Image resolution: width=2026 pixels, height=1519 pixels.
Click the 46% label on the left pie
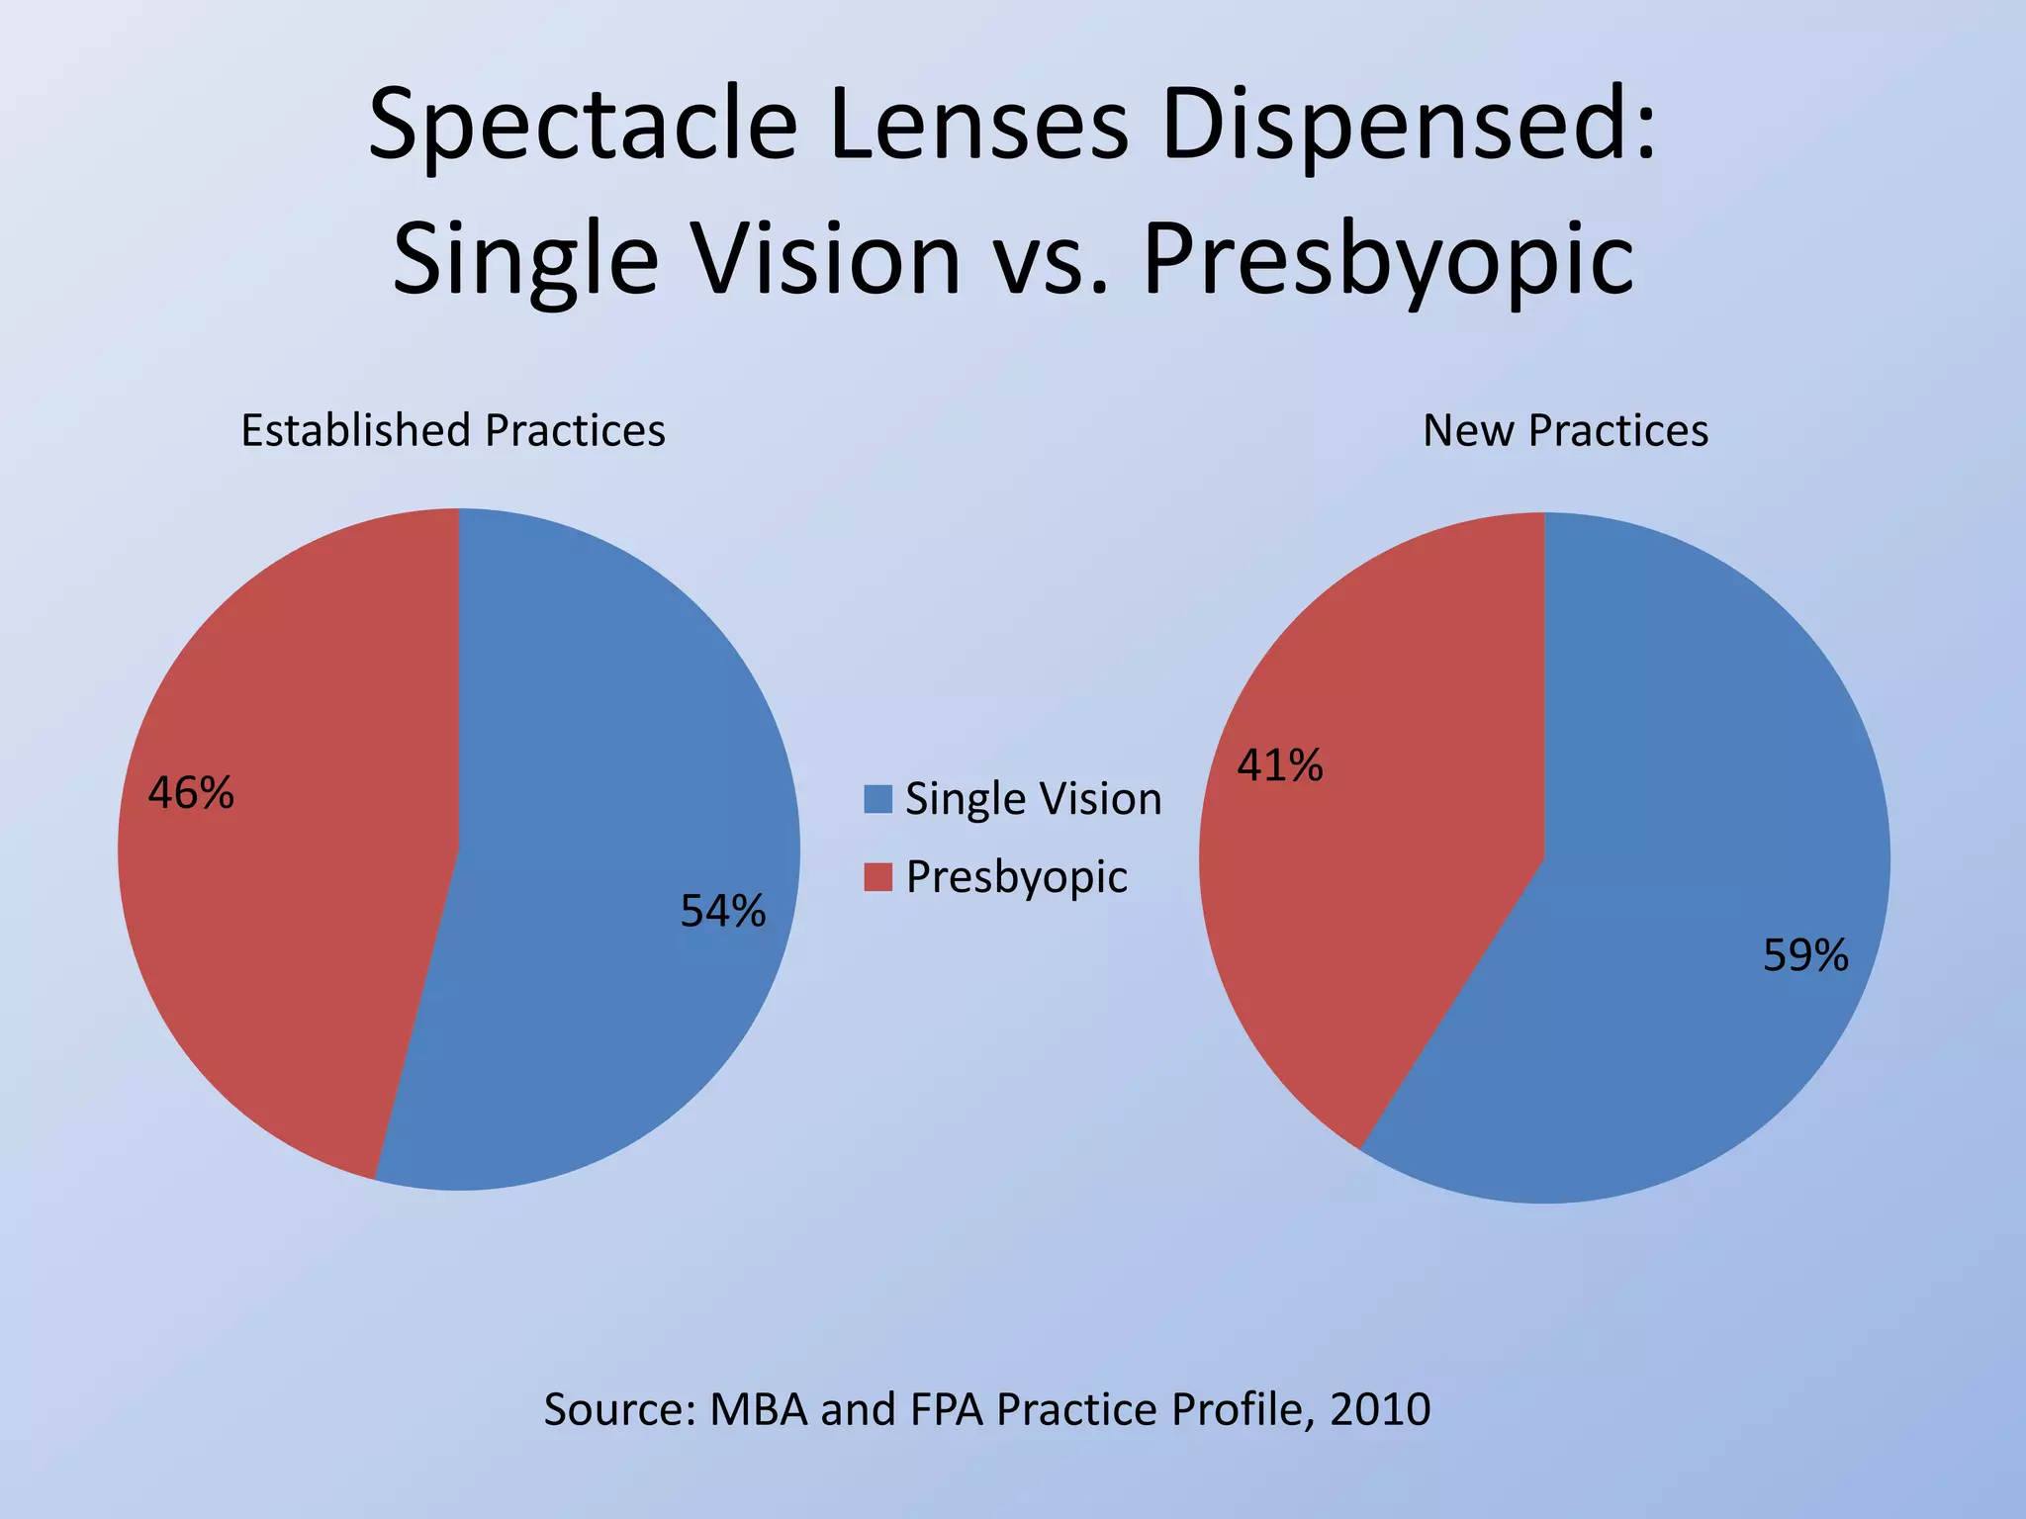click(x=191, y=793)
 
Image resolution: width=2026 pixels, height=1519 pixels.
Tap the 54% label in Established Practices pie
click(x=722, y=912)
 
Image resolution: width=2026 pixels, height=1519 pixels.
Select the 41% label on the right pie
click(x=1279, y=765)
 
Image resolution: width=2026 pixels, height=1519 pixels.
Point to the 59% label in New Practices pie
click(x=1804, y=956)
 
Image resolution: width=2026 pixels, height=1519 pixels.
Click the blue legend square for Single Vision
click(x=877, y=799)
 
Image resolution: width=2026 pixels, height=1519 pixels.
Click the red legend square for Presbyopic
click(x=877, y=877)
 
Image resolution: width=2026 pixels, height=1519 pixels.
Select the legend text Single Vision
click(x=1033, y=799)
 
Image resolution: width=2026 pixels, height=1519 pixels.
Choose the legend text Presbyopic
click(x=1016, y=877)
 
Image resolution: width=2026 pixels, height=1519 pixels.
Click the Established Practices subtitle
click(x=453, y=431)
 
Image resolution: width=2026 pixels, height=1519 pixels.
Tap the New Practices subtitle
click(x=1565, y=431)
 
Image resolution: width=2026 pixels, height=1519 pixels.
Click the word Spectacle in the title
click(x=583, y=127)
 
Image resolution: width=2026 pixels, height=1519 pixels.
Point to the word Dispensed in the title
click(x=1409, y=127)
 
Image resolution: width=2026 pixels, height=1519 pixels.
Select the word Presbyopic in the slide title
click(x=1387, y=259)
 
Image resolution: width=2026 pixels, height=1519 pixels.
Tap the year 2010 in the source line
click(x=1379, y=1409)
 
